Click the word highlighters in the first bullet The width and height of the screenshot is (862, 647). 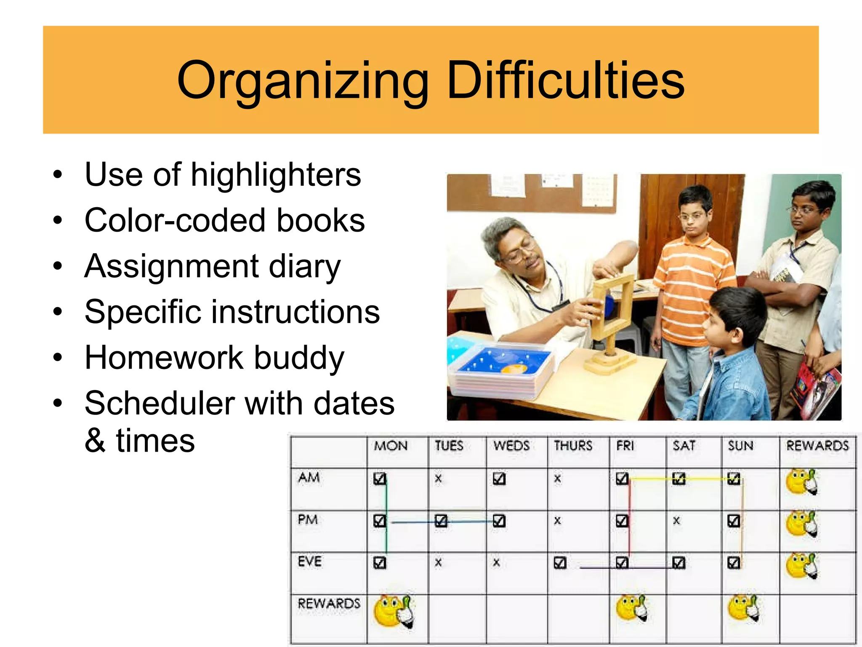[x=276, y=175]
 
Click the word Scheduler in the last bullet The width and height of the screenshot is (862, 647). [x=159, y=404]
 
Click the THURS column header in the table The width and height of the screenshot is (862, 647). [x=573, y=446]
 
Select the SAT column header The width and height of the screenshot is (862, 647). [x=684, y=446]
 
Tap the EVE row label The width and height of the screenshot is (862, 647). [x=310, y=562]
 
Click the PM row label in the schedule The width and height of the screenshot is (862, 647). [x=308, y=520]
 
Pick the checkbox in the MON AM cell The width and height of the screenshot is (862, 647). [x=379, y=479]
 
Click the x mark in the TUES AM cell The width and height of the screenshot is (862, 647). [x=438, y=479]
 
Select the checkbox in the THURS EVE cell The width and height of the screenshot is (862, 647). [x=560, y=563]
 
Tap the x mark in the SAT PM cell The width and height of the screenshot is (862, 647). [x=676, y=521]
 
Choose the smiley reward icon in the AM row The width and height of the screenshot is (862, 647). [x=801, y=481]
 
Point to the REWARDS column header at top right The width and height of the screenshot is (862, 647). [x=817, y=446]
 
